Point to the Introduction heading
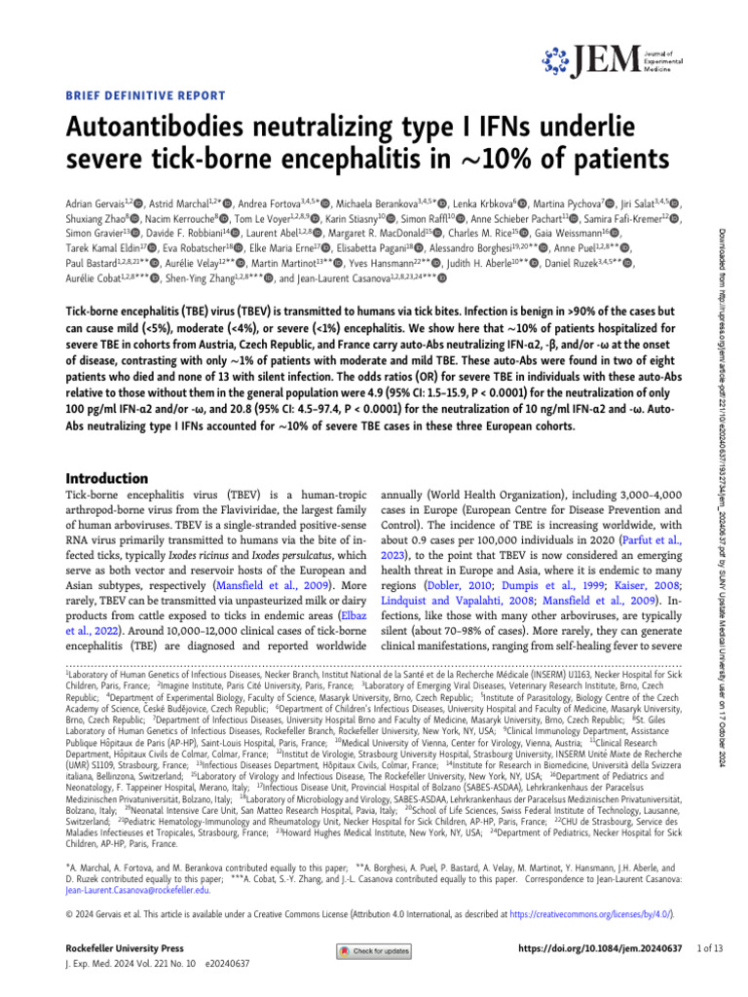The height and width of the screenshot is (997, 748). click(x=105, y=478)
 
